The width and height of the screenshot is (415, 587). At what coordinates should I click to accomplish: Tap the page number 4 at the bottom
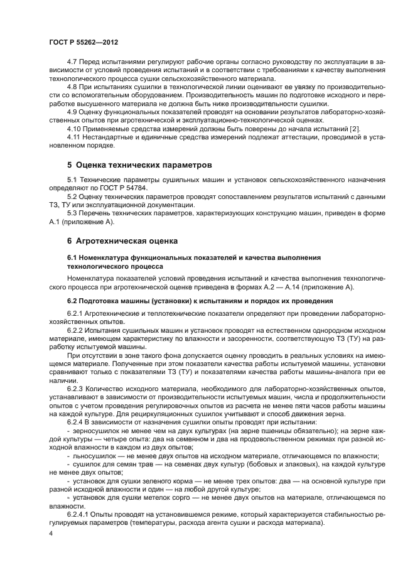click(51, 533)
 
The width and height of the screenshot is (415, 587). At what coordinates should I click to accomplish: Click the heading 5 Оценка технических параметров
click(139, 165)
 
